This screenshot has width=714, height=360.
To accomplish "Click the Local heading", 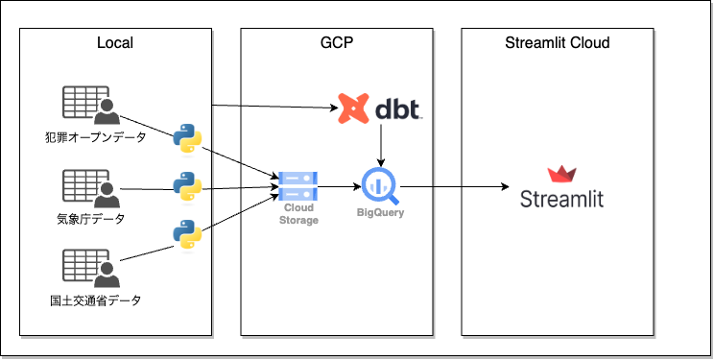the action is point(115,43).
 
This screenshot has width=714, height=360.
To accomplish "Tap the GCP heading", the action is point(337,43).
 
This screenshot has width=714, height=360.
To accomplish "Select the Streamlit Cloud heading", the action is point(558,43).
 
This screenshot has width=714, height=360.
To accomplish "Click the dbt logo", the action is point(379,108).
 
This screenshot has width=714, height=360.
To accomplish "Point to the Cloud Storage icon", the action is point(297,186).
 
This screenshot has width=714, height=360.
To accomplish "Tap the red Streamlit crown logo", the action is point(562,175).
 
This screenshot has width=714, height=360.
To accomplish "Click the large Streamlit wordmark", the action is point(562,199).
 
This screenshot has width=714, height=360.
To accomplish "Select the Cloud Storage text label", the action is point(298,214).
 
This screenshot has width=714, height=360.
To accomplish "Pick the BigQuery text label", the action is point(381,213).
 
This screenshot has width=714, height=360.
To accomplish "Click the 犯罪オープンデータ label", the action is point(96,136).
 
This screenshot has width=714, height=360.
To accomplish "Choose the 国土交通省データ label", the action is point(96,300).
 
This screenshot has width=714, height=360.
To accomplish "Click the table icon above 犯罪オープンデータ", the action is point(91,105).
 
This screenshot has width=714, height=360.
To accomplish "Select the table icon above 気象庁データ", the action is point(91,188).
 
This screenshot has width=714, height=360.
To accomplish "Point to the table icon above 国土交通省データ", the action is point(91,268).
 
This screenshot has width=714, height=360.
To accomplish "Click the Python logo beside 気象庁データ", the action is point(187,187).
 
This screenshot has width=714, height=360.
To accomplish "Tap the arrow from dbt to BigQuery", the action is point(381,145).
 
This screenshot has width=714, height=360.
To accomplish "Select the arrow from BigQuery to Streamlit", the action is point(455,186).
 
